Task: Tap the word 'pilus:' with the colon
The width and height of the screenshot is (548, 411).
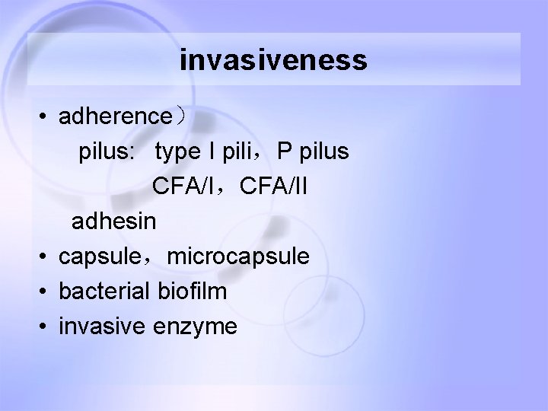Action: (107, 152)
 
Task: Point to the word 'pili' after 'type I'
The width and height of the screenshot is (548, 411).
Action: (240, 152)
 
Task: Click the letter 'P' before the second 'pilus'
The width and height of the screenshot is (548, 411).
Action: (285, 152)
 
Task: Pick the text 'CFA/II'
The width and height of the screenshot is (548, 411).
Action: (273, 186)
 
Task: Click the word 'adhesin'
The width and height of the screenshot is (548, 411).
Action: (113, 221)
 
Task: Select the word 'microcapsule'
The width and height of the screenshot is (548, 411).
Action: (238, 257)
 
